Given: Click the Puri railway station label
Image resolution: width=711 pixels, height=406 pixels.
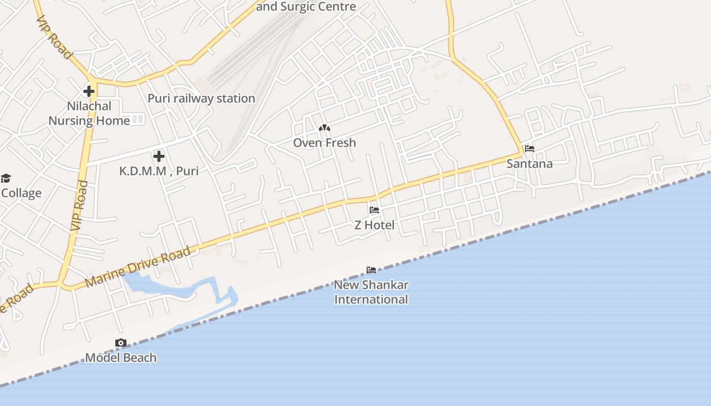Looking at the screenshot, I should tap(201, 98).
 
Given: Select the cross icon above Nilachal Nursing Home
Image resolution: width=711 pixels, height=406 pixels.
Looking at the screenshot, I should tap(89, 91).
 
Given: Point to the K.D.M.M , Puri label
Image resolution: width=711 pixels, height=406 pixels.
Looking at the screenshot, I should tap(158, 171).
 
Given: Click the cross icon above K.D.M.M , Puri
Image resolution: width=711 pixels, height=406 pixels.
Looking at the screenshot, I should tap(159, 156).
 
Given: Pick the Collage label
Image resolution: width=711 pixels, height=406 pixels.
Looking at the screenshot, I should tap(21, 193).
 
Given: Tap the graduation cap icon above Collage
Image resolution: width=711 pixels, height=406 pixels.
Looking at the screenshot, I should tap(6, 178).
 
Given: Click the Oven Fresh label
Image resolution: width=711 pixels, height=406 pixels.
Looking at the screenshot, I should tap(325, 143).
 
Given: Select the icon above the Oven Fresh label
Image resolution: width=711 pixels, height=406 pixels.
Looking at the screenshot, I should tap(324, 128).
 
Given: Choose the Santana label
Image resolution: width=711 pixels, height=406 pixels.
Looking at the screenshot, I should tap(530, 164).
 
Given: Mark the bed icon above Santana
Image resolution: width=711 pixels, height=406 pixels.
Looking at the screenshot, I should tap(530, 149).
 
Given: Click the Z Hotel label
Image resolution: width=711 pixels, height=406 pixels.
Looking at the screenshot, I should tap(374, 225).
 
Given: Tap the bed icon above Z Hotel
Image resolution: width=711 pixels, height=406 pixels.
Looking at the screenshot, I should tap(374, 210).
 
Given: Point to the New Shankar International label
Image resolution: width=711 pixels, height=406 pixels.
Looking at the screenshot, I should tap(371, 292).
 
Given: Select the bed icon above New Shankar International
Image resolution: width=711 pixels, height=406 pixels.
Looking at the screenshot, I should tap(371, 269).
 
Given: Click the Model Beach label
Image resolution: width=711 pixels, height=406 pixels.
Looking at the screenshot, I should tap(121, 358).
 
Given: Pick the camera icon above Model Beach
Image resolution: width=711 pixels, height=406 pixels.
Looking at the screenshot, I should tap(121, 343).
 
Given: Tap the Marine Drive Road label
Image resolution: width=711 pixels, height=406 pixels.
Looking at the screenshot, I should tap(138, 266).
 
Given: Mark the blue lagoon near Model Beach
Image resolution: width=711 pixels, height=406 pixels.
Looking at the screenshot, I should tap(152, 287).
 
